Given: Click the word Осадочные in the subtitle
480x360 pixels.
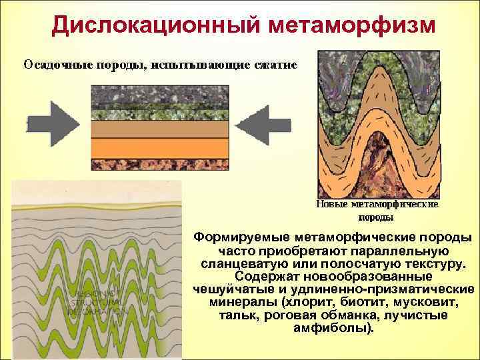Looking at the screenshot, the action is (53, 65).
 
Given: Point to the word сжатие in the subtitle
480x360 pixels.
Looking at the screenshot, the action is (274, 65).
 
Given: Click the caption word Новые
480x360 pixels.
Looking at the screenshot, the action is (331, 205).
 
